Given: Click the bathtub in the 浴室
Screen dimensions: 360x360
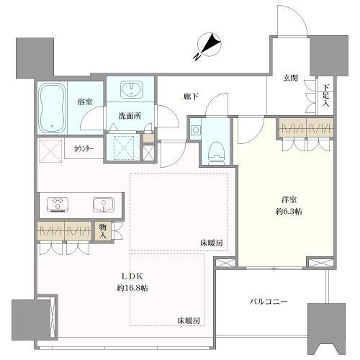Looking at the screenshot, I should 54,108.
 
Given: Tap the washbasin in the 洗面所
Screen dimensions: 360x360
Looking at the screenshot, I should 131,89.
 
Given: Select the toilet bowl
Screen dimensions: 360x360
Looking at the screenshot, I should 215,151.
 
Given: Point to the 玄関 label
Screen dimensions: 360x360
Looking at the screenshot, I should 290,78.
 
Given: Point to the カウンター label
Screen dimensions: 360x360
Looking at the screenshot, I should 86,150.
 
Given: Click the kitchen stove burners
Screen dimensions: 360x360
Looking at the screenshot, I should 58,204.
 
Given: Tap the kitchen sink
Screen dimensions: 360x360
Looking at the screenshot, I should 102,204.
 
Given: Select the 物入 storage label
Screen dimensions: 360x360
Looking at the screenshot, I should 104,230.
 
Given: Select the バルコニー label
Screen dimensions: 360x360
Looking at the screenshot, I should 269,302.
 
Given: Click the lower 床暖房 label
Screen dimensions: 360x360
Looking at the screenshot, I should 189,320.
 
